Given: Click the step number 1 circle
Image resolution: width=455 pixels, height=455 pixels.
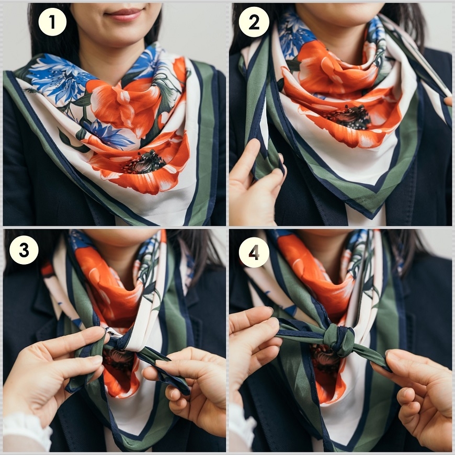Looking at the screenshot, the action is [x=52, y=22].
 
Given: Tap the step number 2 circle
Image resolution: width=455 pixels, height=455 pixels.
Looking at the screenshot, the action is [x=254, y=22].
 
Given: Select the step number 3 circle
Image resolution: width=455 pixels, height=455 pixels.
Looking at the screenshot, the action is [x=24, y=250].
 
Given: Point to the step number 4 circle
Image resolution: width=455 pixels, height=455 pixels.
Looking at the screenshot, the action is [x=254, y=253].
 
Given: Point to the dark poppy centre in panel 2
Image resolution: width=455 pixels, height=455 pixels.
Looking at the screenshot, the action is [x=350, y=117].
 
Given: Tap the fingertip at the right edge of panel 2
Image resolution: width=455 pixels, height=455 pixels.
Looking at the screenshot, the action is [x=448, y=101].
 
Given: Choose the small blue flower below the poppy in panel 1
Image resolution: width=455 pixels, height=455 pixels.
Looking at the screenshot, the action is [x=109, y=134].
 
